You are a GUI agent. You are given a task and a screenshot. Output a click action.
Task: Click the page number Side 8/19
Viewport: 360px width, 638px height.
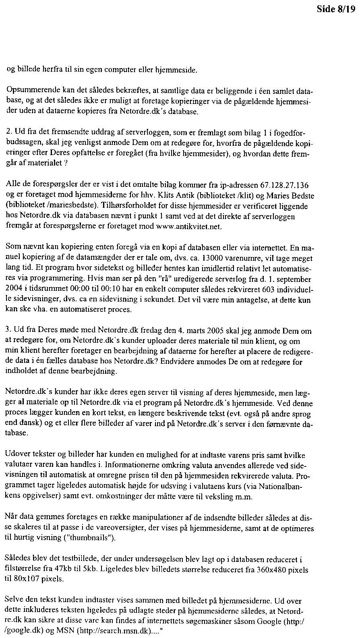tap(336, 10)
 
